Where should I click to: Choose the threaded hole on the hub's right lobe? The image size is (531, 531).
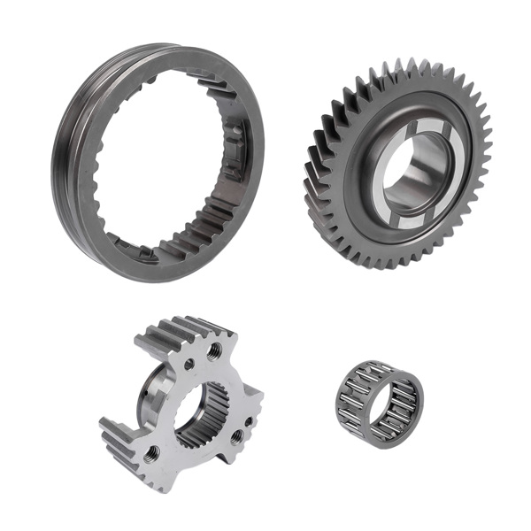pyautogui.click(x=236, y=435)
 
